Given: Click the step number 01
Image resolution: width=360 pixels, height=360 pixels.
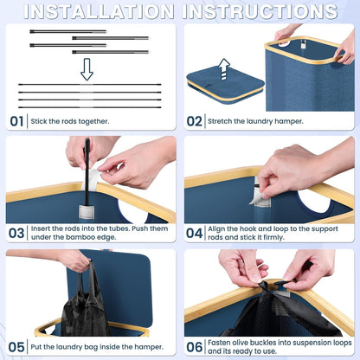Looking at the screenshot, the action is pyautogui.click(x=16, y=121).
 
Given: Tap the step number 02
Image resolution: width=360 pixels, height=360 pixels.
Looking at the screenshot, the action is pyautogui.click(x=194, y=121).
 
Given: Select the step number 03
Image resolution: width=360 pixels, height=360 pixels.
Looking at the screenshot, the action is pyautogui.click(x=16, y=233).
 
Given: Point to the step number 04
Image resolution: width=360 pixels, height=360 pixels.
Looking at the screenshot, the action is pyautogui.click(x=194, y=233).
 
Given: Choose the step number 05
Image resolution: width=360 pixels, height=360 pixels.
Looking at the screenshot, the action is pyautogui.click(x=16, y=347).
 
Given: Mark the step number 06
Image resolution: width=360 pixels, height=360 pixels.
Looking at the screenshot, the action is pyautogui.click(x=194, y=347).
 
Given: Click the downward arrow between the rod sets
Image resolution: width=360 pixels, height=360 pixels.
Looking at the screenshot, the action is pyautogui.click(x=87, y=69).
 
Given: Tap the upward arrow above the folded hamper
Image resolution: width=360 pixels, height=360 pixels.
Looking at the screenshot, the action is pyautogui.click(x=224, y=69).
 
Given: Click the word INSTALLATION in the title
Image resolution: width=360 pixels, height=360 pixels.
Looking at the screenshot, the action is pyautogui.click(x=99, y=11).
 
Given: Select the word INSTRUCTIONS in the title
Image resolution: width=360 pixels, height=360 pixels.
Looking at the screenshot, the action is pyautogui.click(x=260, y=11).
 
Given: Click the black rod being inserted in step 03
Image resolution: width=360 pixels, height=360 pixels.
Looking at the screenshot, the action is pyautogui.click(x=87, y=171).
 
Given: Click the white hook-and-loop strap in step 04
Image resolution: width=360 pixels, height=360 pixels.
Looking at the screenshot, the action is pyautogui.click(x=260, y=193).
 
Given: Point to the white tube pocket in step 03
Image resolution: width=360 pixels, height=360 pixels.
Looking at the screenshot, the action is pyautogui.click(x=87, y=212).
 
